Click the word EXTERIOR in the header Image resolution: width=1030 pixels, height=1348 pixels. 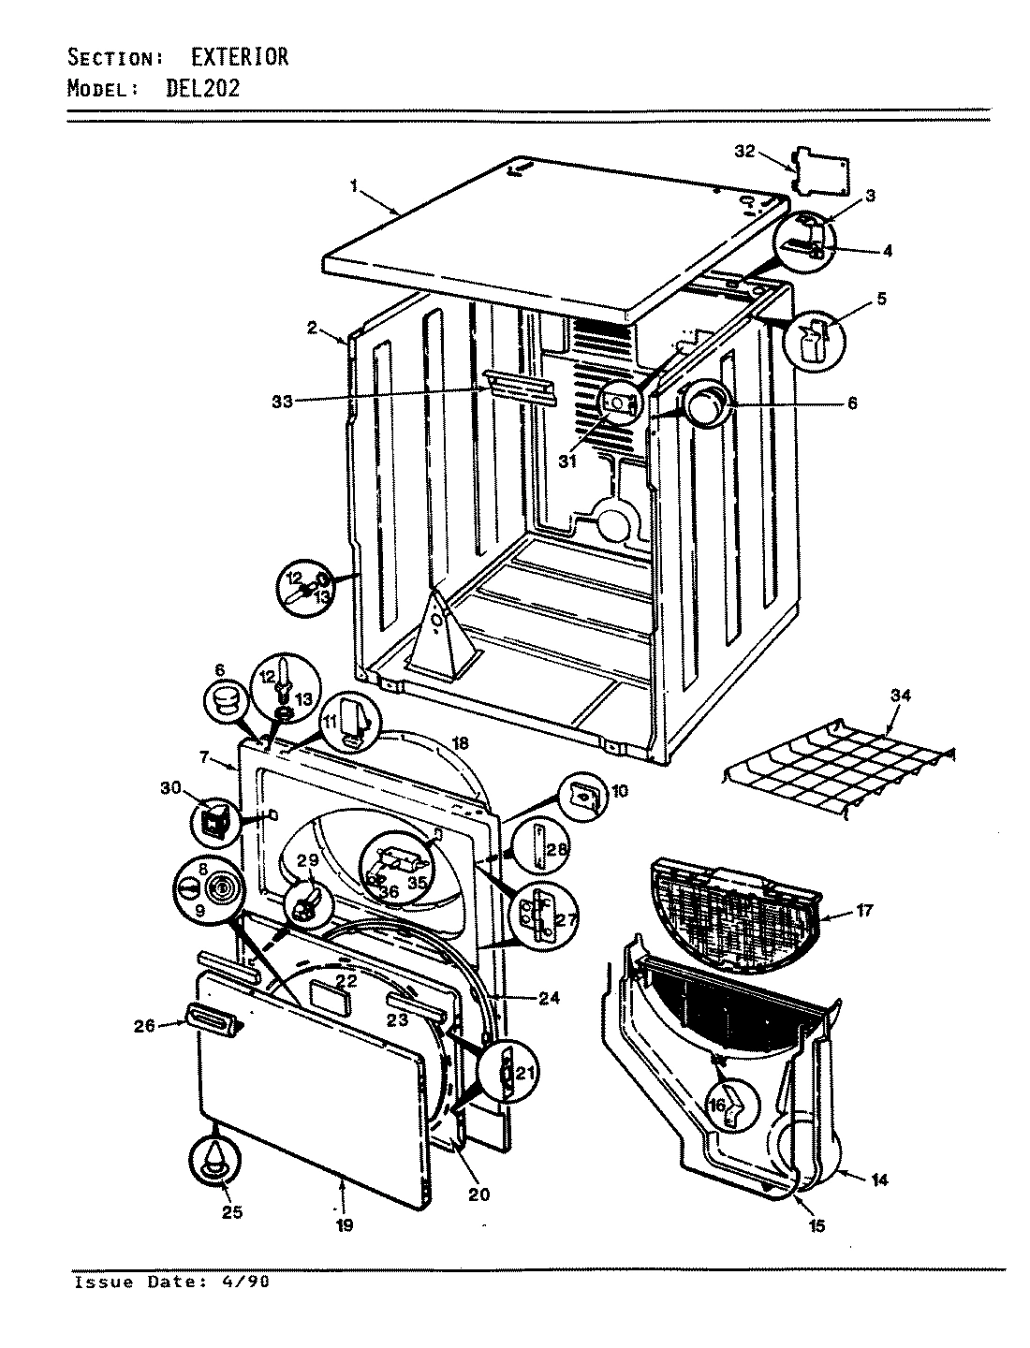[x=240, y=58]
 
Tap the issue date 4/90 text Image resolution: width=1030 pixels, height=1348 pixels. [x=240, y=1282]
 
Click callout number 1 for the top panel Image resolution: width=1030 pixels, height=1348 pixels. [x=355, y=186]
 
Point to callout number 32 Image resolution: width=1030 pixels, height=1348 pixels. [x=744, y=152]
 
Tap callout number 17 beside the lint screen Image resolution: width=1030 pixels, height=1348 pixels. [x=864, y=910]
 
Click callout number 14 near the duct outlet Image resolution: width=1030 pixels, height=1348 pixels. [x=878, y=1180]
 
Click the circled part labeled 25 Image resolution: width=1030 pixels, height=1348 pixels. [x=217, y=1165]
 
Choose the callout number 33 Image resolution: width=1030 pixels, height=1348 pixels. [x=282, y=402]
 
